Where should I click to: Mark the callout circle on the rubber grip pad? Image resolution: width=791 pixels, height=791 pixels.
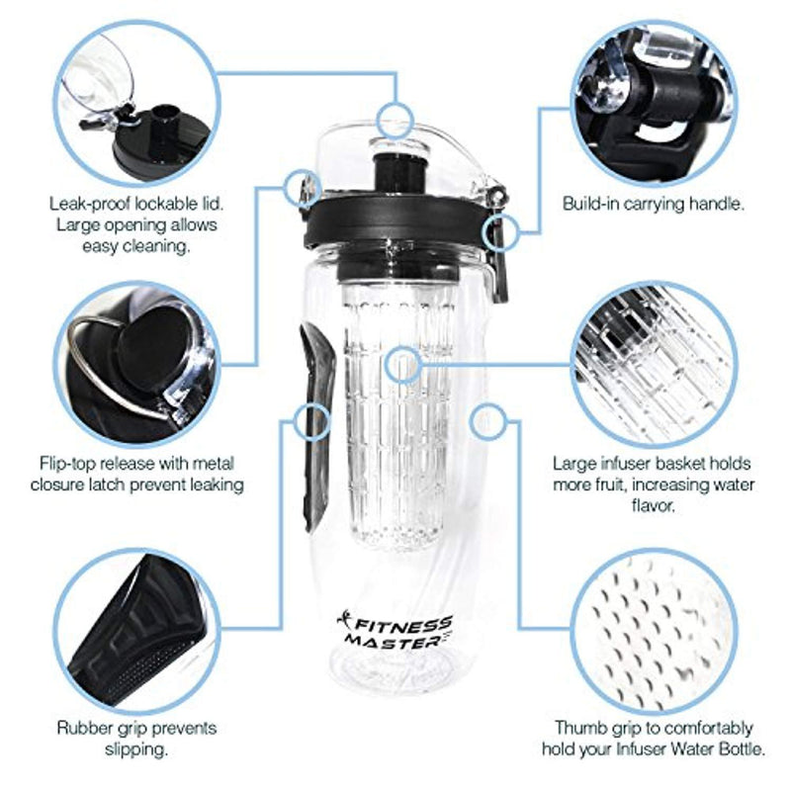click(310, 422)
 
